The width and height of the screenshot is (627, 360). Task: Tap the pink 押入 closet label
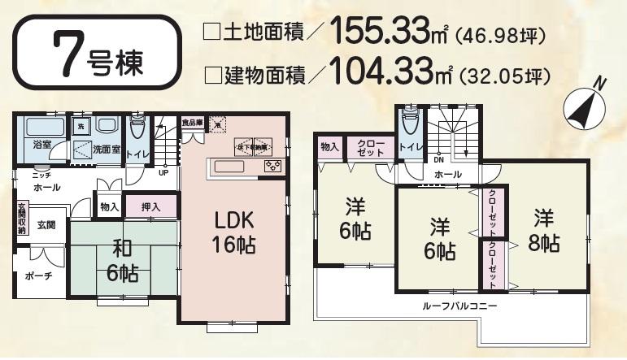click(x=150, y=207)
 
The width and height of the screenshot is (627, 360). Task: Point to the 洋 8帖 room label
click(x=545, y=230)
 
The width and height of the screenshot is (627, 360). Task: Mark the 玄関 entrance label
click(x=46, y=225)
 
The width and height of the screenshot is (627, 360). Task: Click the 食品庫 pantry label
click(x=192, y=122)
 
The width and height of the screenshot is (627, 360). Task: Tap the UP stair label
click(x=163, y=172)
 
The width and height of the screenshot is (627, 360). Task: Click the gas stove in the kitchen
click(x=272, y=167)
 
